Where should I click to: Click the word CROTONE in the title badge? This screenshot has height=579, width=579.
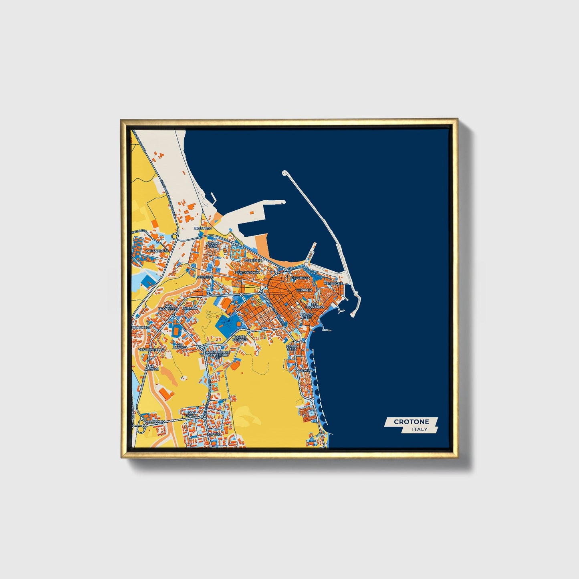(411, 422)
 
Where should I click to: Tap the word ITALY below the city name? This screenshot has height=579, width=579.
(419, 430)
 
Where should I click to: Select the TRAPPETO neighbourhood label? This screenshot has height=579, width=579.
(202, 228)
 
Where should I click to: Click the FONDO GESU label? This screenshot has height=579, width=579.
(213, 244)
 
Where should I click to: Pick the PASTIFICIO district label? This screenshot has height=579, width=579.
(253, 260)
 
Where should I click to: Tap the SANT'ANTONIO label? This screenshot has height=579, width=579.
(248, 272)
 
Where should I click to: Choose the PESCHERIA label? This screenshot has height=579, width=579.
(301, 278)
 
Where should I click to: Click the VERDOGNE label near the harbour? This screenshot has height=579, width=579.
(333, 283)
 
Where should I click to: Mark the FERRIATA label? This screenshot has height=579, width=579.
(304, 289)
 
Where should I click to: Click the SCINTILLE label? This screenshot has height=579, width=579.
(205, 277)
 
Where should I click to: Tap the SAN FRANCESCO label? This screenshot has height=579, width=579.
(167, 307)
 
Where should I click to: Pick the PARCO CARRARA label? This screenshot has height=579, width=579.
(240, 338)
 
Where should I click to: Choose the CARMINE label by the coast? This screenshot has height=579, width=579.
(305, 371)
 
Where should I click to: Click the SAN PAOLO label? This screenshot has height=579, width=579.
(191, 414)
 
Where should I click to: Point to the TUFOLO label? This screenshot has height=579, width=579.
(214, 434)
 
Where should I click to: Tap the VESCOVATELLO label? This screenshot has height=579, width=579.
(151, 349)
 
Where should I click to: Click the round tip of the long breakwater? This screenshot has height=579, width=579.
(285, 173)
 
